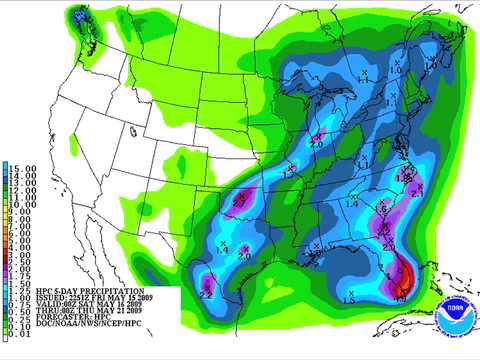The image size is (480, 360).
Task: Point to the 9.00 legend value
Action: click(x=23, y=211)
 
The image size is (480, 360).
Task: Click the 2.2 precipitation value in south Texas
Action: click(x=205, y=293)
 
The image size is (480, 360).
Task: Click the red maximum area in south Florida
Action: click(x=401, y=284)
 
